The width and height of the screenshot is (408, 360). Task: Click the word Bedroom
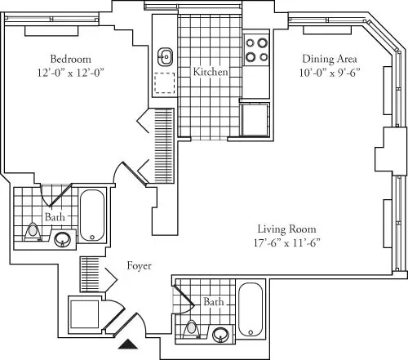point(70,59)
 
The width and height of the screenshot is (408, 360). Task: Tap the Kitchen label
point(210,73)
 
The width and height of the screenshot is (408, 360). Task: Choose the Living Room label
point(286,229)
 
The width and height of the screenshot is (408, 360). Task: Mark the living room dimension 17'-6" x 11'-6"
point(286,242)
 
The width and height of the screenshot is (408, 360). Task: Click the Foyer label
point(140,266)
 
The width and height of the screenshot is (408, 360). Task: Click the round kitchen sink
point(166,56)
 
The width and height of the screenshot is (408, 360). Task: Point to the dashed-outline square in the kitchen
point(166,84)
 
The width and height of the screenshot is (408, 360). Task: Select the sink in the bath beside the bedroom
point(62,239)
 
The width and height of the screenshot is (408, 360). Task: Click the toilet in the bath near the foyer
point(192,330)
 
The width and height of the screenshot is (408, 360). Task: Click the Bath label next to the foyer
point(213,302)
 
